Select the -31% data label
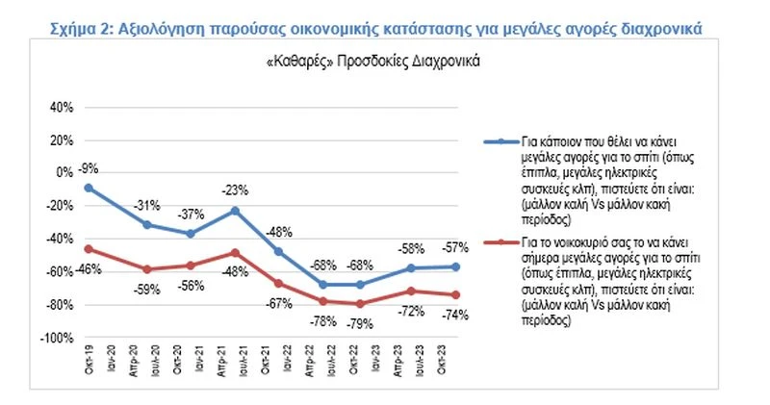(147, 205)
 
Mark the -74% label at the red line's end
(454, 315)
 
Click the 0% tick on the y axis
(64, 173)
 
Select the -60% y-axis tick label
(59, 272)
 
